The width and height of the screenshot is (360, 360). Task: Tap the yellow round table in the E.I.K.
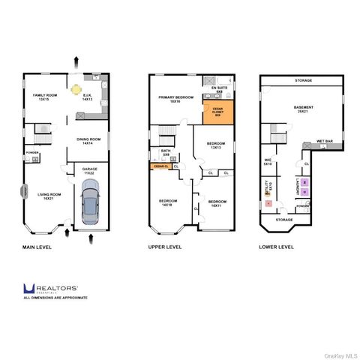(76, 89)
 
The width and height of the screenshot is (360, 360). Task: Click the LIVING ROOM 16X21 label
(49, 196)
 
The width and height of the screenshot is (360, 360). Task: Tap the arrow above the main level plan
(76, 58)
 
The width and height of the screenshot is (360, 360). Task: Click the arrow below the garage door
(91, 239)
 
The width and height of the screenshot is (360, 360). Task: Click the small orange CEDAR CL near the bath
(160, 166)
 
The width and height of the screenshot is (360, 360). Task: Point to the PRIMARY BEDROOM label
(175, 100)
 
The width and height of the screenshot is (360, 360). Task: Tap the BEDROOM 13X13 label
(215, 145)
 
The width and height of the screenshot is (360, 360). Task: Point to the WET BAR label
(324, 140)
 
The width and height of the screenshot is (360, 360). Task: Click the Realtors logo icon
(28, 288)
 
